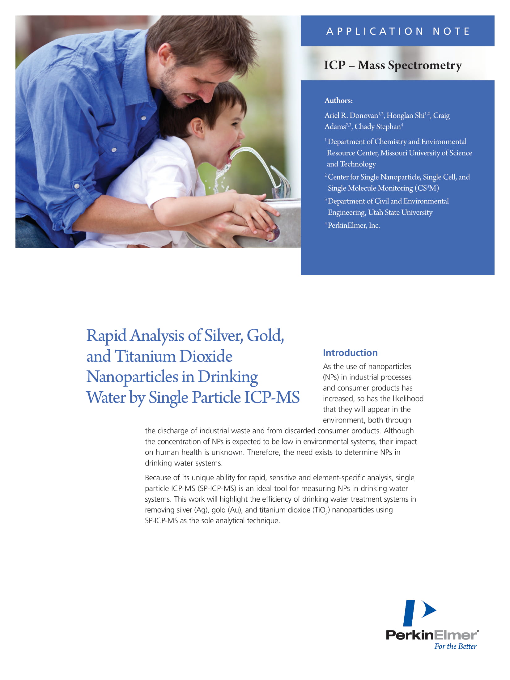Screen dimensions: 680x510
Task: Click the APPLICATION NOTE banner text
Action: click(398, 31)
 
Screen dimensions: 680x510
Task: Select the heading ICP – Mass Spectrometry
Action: click(393, 65)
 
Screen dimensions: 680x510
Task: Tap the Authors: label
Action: click(338, 100)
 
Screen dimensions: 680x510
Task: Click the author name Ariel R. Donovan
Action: click(351, 116)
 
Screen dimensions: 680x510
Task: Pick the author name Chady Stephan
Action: click(377, 127)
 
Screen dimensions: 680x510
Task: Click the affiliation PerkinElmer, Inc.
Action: click(354, 225)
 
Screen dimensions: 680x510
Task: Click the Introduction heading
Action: click(350, 353)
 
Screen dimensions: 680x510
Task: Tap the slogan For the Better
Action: click(455, 646)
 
